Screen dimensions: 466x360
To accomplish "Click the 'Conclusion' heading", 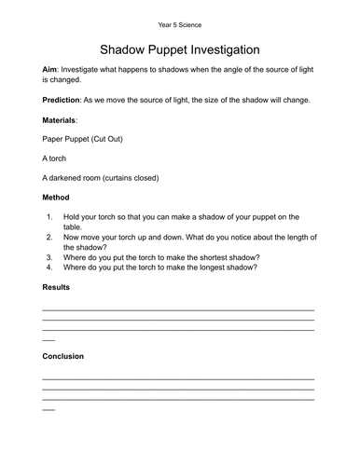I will click(64, 356).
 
